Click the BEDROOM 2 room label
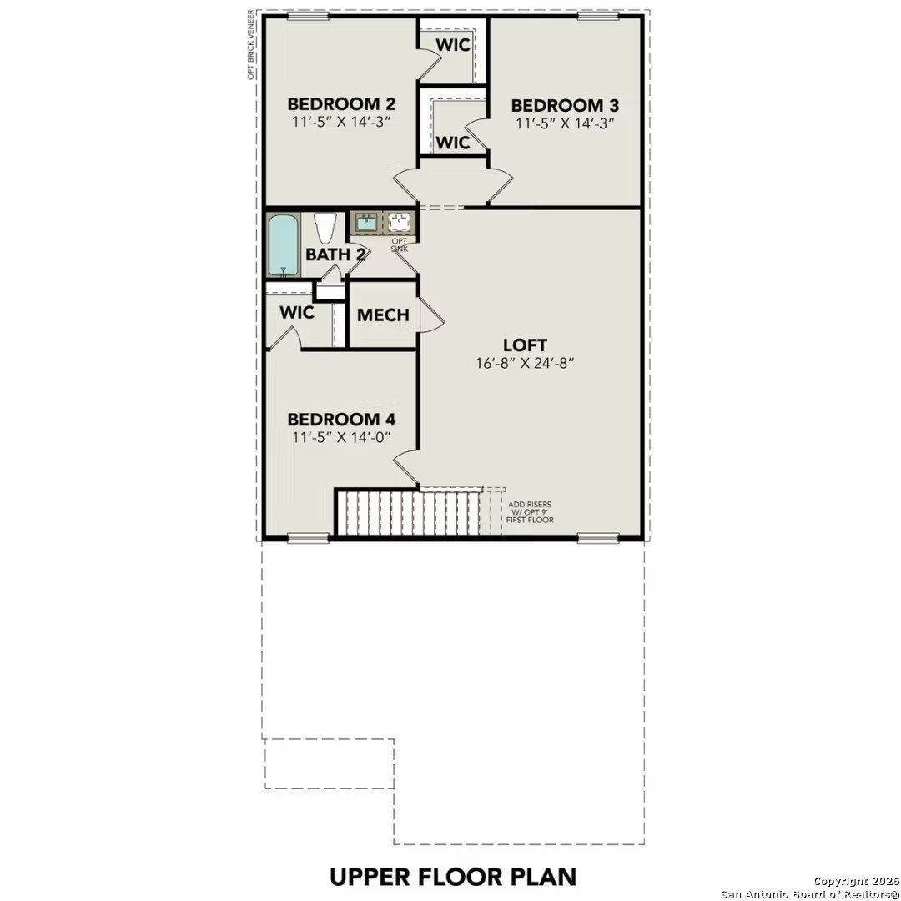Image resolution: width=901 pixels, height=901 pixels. [340, 104]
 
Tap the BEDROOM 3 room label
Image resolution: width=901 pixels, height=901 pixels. [565, 106]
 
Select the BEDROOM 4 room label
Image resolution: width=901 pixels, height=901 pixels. [340, 420]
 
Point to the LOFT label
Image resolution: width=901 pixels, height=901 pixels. [525, 345]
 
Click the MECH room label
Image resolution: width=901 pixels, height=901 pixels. [383, 315]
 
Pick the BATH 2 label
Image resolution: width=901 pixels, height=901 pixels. [335, 254]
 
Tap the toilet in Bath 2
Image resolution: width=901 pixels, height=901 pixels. [325, 228]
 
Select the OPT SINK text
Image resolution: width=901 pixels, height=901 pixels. [400, 246]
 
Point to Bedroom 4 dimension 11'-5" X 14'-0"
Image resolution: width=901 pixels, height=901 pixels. [340, 437]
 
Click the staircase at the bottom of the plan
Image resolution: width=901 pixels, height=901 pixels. [409, 512]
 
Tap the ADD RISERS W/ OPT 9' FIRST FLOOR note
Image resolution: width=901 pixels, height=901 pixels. [530, 512]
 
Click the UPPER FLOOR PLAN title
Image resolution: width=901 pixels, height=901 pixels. [453, 877]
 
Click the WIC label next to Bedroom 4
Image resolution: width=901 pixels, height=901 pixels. [297, 313]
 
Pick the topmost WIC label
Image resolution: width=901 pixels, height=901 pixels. [454, 45]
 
